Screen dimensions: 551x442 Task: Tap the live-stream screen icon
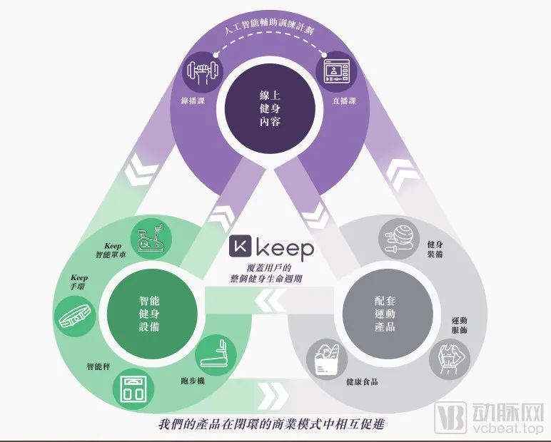tap(337, 71)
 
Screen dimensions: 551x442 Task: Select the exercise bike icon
tap(151, 238)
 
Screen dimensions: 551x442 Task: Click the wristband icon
tap(75, 317)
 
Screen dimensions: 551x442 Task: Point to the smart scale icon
tap(133, 390)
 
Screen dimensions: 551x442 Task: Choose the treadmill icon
tap(215, 353)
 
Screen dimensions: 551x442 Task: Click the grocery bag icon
tap(327, 360)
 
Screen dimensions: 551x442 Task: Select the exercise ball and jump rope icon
tap(399, 238)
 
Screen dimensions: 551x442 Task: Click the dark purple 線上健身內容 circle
tap(270, 108)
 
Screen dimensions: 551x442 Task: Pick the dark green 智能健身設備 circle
tap(149, 314)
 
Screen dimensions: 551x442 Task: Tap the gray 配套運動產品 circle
tap(385, 314)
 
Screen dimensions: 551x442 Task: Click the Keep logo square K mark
tap(241, 246)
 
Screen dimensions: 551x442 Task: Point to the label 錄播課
tap(193, 101)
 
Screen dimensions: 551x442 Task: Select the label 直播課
tap(344, 101)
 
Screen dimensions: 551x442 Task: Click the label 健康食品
tap(362, 382)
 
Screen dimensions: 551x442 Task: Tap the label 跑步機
tap(193, 381)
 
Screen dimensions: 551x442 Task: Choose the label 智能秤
tap(98, 367)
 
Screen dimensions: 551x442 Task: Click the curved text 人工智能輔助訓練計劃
tap(269, 26)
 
